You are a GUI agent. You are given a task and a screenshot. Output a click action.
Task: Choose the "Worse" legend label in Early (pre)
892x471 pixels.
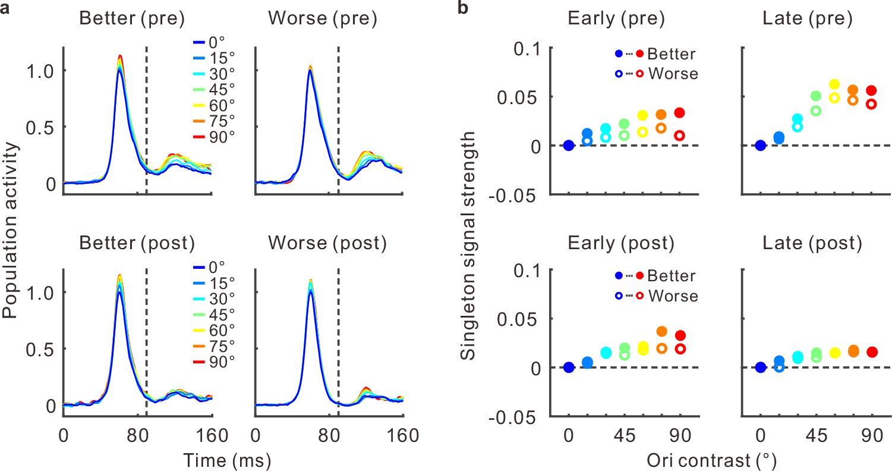pos(673,74)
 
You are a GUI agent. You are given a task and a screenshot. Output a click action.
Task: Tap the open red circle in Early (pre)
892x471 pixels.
pos(679,136)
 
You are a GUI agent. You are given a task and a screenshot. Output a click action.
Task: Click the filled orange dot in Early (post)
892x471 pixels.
pos(662,331)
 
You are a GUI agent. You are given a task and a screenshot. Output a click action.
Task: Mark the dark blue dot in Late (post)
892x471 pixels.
pos(760,368)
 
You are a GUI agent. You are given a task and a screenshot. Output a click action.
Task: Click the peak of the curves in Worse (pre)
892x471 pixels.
pos(310,67)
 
